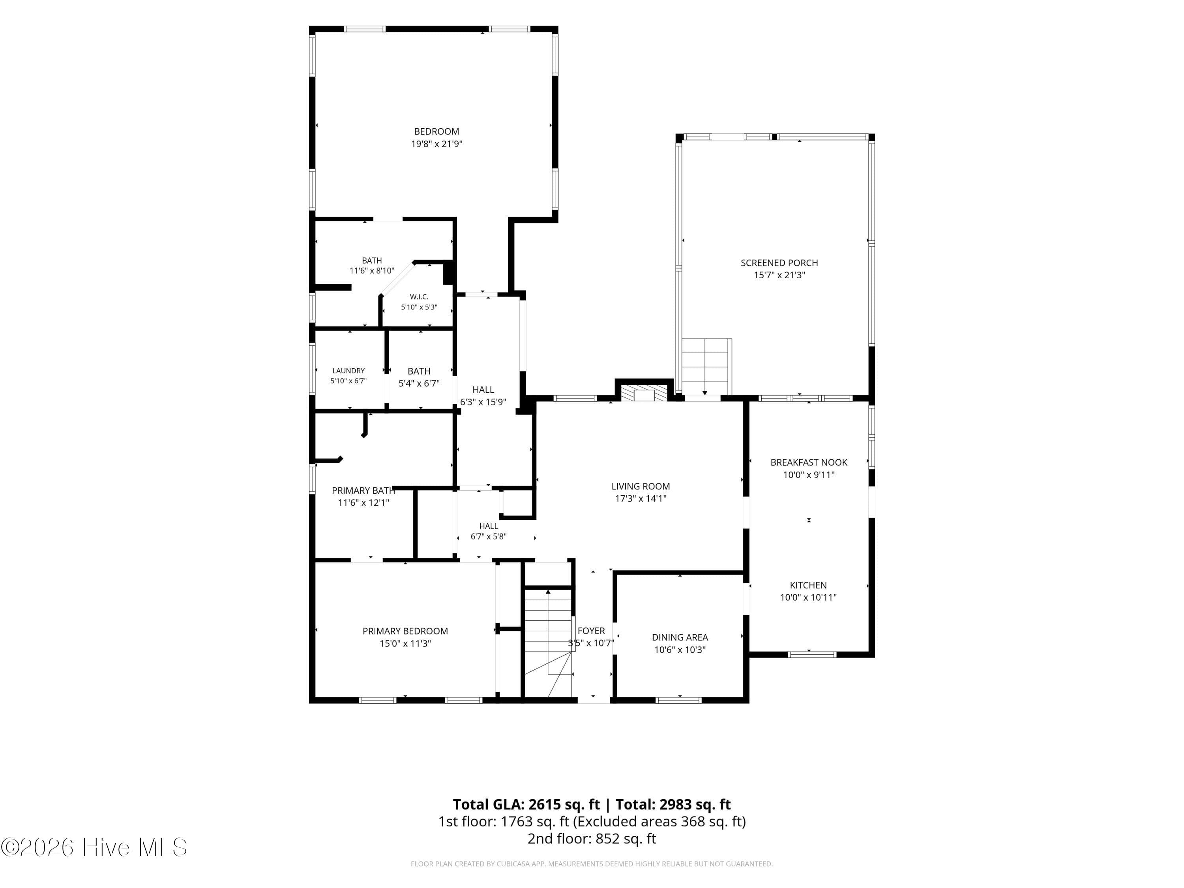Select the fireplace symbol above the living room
[x=644, y=392]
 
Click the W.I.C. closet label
[x=419, y=302]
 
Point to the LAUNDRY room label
[x=348, y=376]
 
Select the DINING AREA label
[x=680, y=643]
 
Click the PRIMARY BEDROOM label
[x=405, y=637]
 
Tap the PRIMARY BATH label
[x=363, y=496]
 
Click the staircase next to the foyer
[x=547, y=642]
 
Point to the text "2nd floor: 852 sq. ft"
[x=592, y=838]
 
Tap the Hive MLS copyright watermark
[x=94, y=847]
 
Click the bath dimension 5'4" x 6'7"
[x=419, y=383]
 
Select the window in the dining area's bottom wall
[x=679, y=700]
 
